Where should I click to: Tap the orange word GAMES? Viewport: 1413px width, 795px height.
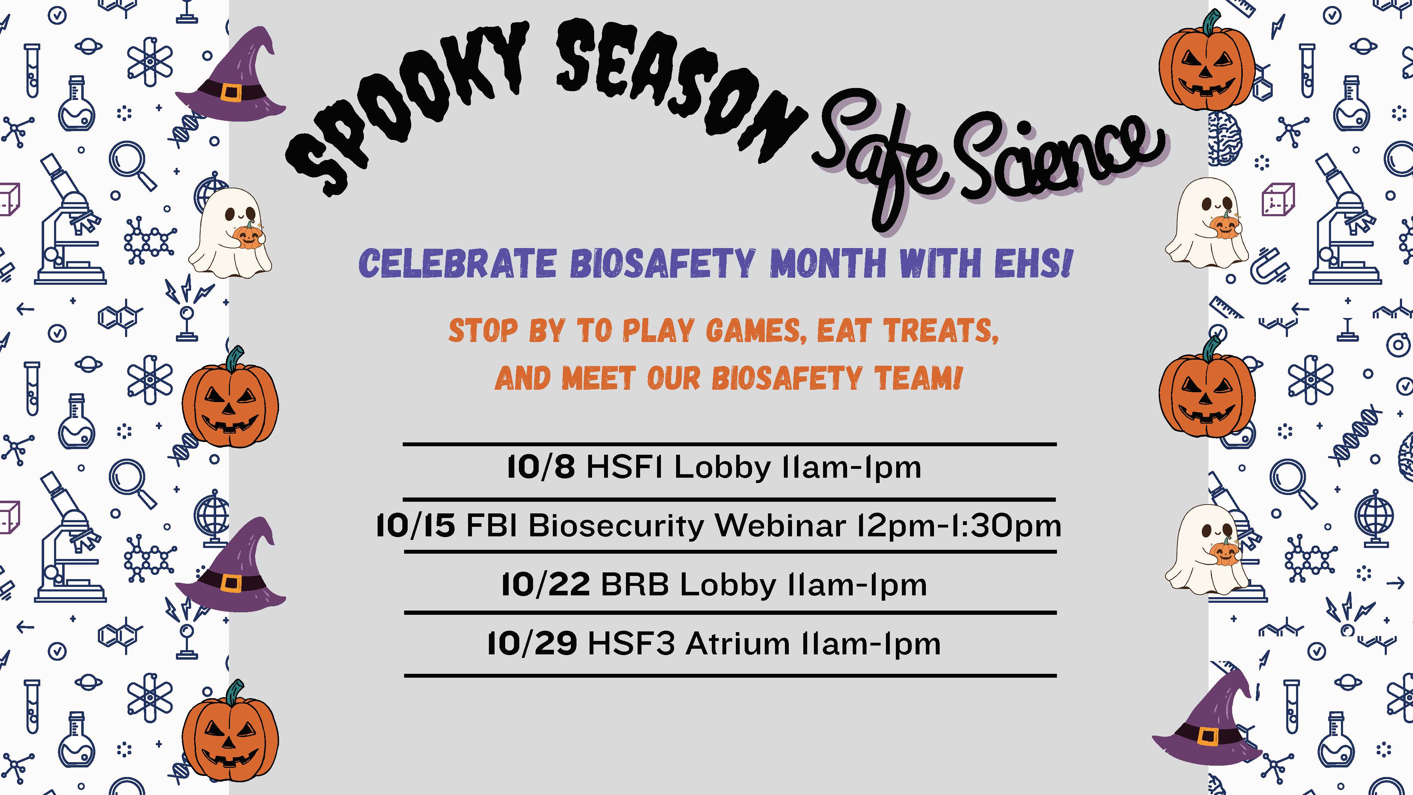click(757, 331)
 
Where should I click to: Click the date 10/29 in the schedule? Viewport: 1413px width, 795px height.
click(532, 643)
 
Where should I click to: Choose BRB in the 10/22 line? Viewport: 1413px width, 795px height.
click(635, 585)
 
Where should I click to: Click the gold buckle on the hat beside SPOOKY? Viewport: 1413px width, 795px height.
click(231, 93)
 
